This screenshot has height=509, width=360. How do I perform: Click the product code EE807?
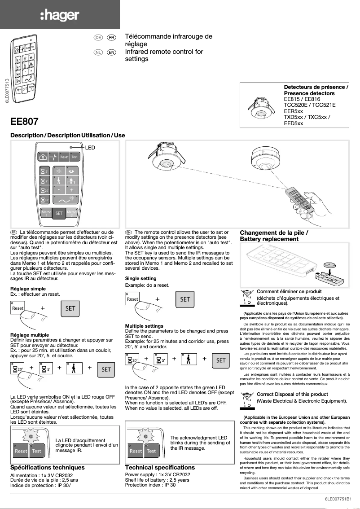coord(24,121)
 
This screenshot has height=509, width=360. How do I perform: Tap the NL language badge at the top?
coord(97,53)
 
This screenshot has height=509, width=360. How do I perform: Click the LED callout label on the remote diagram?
coord(90,147)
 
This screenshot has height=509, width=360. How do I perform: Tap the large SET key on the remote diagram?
coord(58,214)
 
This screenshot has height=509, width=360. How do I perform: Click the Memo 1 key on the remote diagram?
coord(45,213)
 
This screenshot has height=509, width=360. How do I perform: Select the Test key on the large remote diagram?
coord(75,157)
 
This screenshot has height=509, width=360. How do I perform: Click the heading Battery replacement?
coord(269,239)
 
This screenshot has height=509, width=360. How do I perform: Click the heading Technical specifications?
coord(160,468)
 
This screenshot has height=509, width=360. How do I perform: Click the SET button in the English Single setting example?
coord(185,299)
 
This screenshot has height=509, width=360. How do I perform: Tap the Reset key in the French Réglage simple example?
coord(18,309)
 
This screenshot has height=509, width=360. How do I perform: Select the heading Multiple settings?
coord(144,326)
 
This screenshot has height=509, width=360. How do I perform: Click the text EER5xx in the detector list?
coord(294,111)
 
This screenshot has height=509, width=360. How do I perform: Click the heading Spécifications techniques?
coord(47,468)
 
